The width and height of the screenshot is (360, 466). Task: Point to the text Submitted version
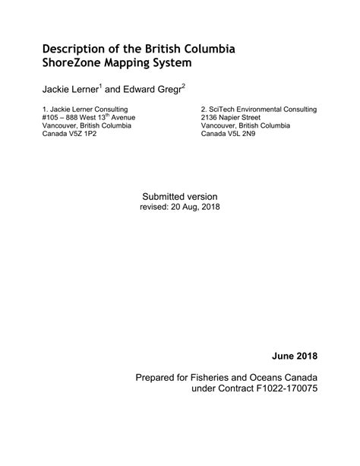point(179,196)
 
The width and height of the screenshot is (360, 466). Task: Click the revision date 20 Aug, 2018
point(196,207)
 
